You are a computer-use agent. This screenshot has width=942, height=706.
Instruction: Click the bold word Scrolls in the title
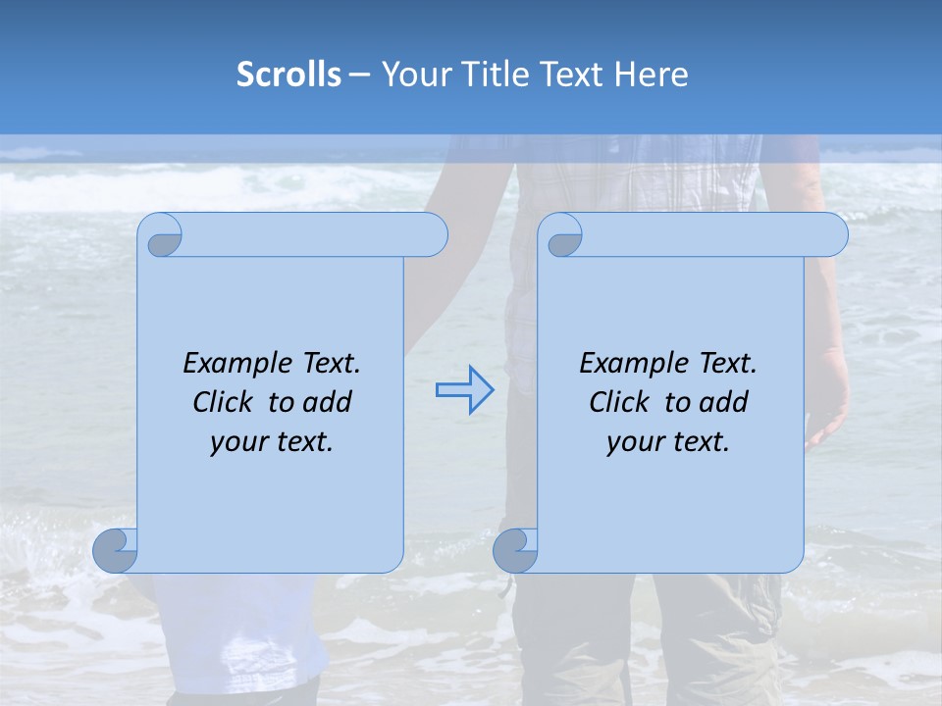click(288, 75)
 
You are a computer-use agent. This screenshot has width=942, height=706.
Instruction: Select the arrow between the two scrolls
click(464, 390)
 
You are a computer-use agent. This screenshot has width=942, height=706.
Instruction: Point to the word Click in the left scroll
click(226, 402)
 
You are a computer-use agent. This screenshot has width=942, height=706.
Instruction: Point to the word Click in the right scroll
click(620, 402)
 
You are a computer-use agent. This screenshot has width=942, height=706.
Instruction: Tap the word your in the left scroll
click(237, 442)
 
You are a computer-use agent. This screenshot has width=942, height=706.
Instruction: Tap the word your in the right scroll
click(634, 442)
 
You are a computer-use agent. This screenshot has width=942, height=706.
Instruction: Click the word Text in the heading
click(569, 75)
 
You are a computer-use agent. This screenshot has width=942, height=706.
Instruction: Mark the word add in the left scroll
click(327, 402)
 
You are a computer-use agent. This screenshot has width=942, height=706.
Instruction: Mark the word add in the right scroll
click(723, 402)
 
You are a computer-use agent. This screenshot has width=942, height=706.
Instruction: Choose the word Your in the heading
click(412, 75)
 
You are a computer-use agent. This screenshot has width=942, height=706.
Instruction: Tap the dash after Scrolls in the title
click(359, 75)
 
